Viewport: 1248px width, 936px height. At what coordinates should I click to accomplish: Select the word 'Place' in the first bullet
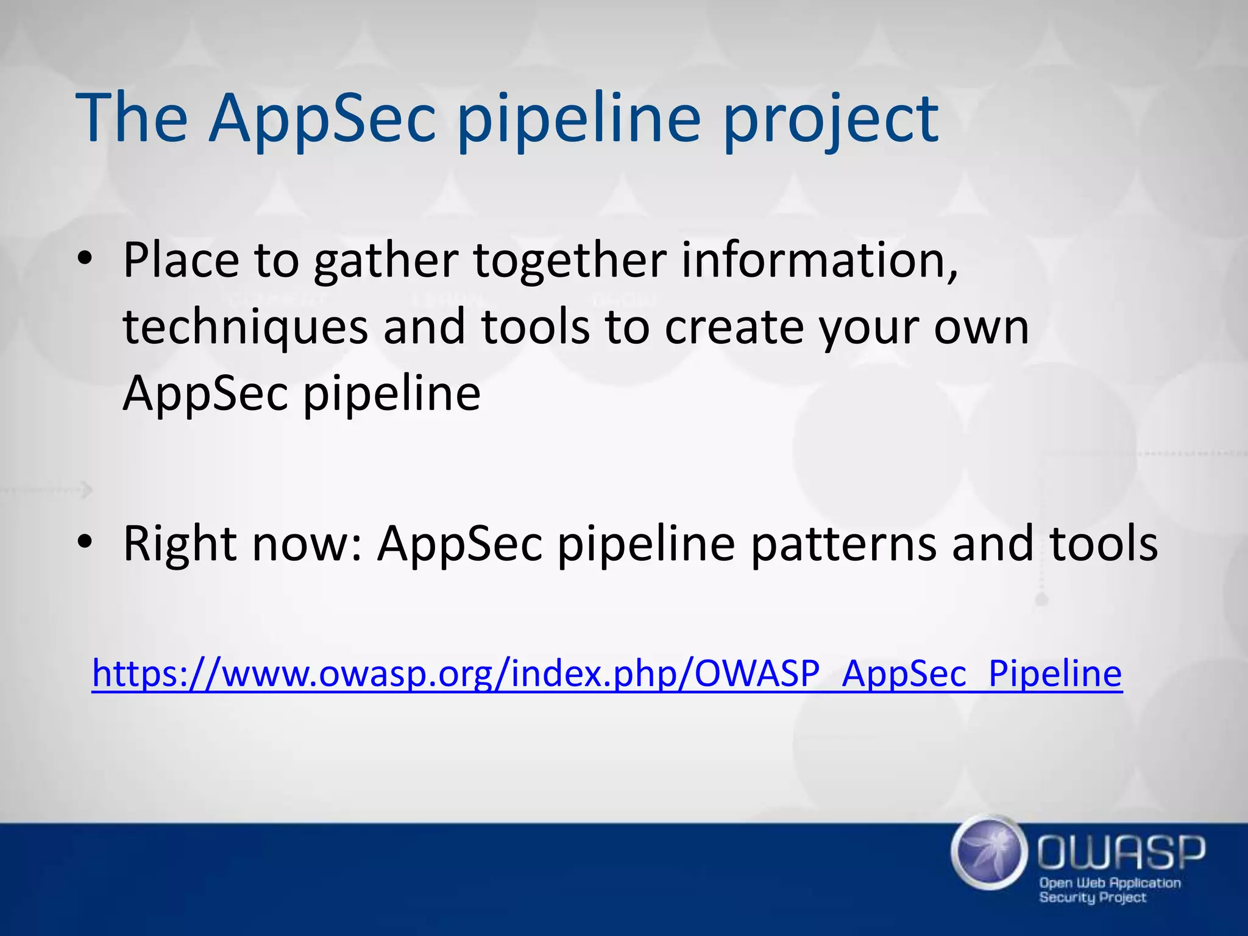(181, 261)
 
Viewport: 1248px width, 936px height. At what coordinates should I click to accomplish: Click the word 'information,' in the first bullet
(819, 261)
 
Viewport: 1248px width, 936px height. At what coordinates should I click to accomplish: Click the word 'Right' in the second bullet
(179, 544)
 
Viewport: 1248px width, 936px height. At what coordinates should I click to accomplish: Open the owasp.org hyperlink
(606, 674)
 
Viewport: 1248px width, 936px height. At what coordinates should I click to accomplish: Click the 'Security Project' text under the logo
(1092, 898)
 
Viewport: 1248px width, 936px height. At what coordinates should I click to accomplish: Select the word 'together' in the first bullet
(570, 261)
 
